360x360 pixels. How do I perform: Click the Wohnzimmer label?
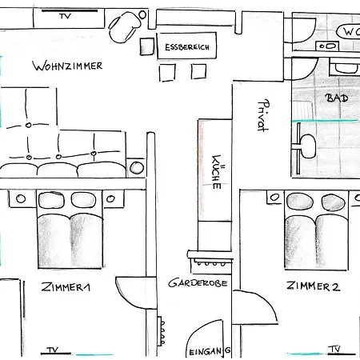(68, 66)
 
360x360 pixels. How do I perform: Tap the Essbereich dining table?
(186, 49)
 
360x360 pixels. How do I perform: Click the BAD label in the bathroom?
(337, 98)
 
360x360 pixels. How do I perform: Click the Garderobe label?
(198, 283)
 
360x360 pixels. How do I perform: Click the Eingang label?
(210, 350)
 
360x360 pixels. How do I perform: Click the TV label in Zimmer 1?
(53, 350)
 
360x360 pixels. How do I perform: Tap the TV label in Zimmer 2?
(334, 350)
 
